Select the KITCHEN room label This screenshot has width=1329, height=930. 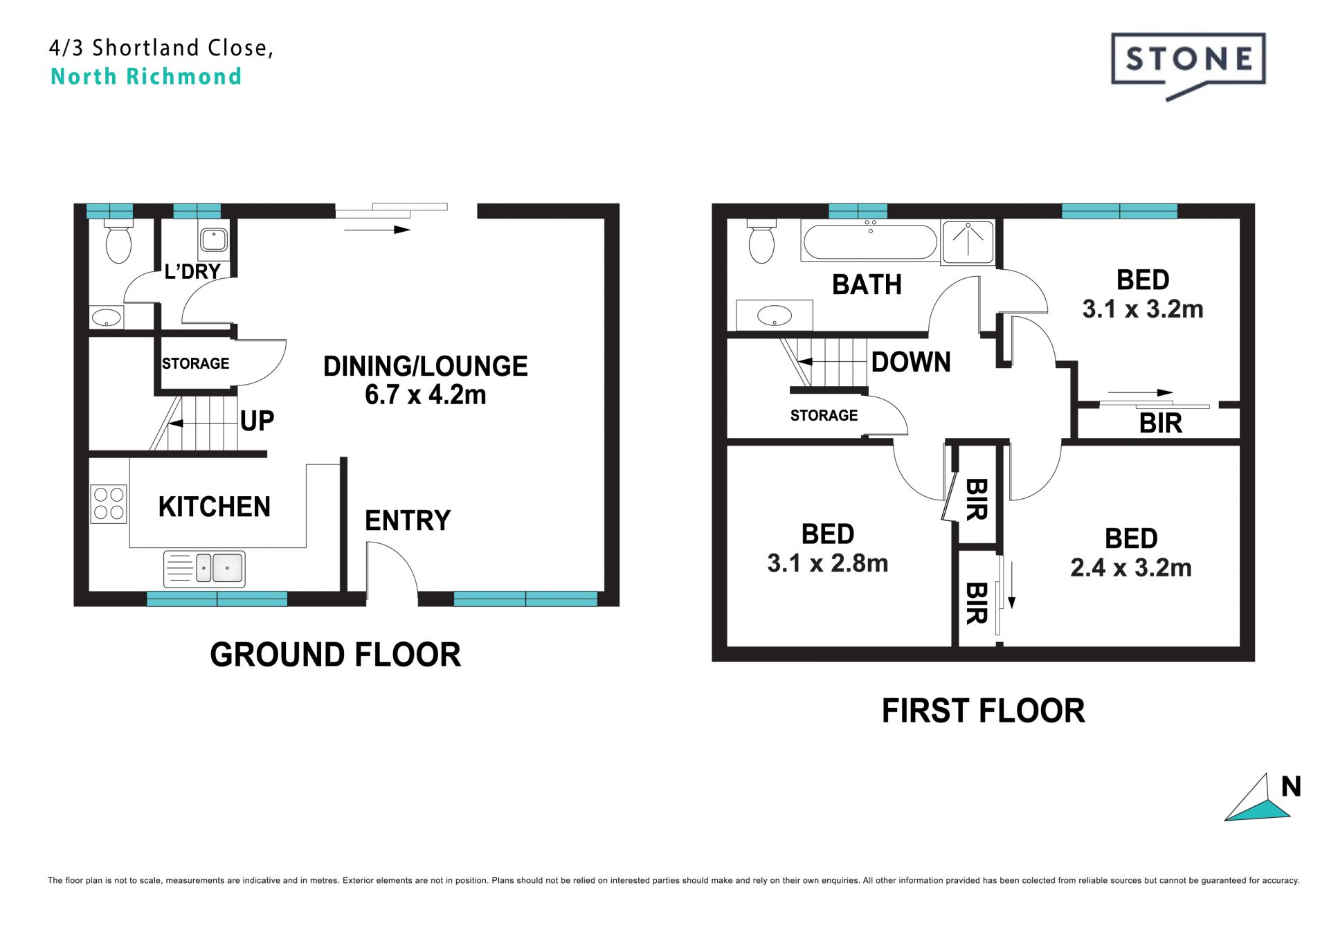[215, 507]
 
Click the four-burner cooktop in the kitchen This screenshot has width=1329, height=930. [109, 504]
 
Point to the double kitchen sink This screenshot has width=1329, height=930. [204, 569]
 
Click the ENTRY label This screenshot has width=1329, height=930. [408, 520]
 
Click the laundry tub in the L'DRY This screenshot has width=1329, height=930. [214, 240]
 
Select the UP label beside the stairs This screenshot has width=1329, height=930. [257, 421]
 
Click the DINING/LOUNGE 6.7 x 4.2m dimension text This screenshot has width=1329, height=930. [426, 395]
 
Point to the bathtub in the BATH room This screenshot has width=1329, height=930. [870, 241]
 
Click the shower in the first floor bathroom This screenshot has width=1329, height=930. [968, 242]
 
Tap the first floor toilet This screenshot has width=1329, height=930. [761, 241]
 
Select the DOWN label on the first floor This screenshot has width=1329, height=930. [911, 362]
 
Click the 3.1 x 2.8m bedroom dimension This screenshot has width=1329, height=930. [828, 563]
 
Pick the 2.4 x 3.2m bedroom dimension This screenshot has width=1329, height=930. [1131, 567]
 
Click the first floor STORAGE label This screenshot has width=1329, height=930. [824, 415]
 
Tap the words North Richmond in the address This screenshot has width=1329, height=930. [146, 76]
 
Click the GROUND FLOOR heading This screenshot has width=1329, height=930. [336, 655]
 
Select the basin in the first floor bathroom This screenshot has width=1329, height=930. [775, 316]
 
